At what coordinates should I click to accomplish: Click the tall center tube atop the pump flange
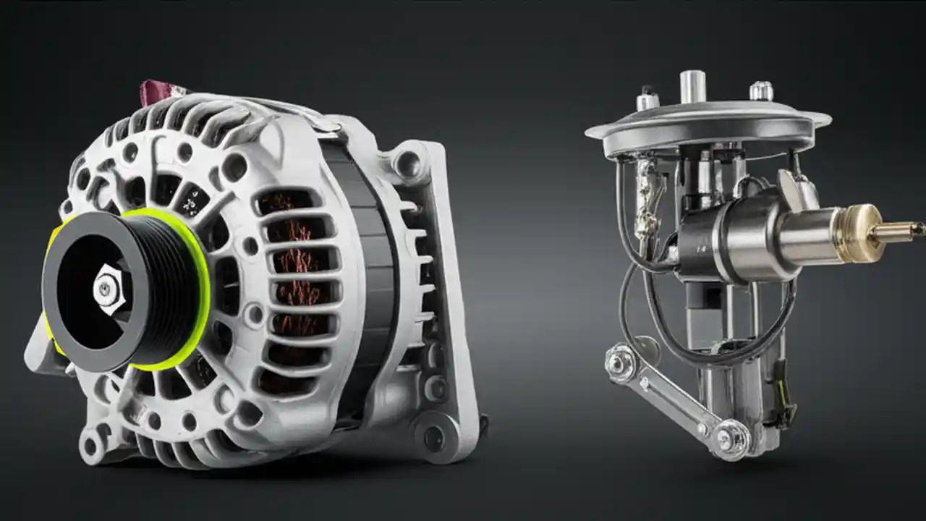(x=692, y=87)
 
